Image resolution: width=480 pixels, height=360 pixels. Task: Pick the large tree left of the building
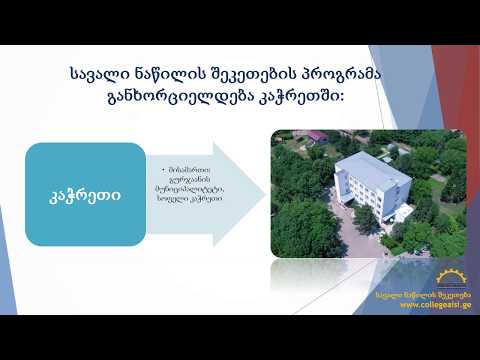(306, 215)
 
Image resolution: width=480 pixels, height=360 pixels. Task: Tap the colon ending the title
(342, 98)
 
